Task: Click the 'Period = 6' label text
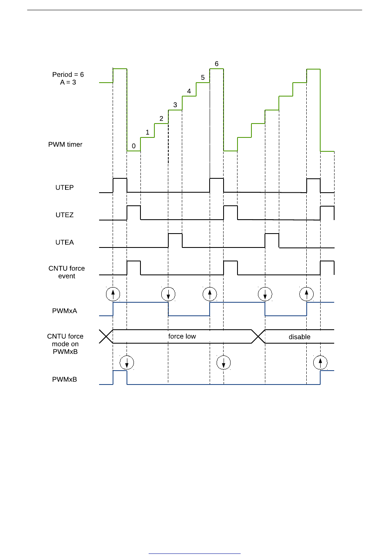click(68, 74)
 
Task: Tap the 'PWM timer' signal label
click(65, 144)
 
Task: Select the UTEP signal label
click(65, 187)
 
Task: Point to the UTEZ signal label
click(65, 215)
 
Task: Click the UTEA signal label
click(65, 242)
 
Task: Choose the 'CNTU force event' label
click(66, 272)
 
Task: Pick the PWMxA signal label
click(64, 311)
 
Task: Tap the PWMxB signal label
click(64, 379)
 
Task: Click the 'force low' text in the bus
click(182, 336)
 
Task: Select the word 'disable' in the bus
click(299, 337)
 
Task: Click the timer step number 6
click(217, 64)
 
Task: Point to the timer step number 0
click(133, 146)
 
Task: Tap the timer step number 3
click(175, 105)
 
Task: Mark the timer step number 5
click(203, 77)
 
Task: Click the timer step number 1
click(147, 132)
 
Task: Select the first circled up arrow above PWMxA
click(113, 294)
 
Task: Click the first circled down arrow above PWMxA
click(168, 294)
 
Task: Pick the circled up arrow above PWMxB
click(320, 362)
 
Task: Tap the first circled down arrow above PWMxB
click(127, 362)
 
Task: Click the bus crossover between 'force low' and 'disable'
click(258, 337)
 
